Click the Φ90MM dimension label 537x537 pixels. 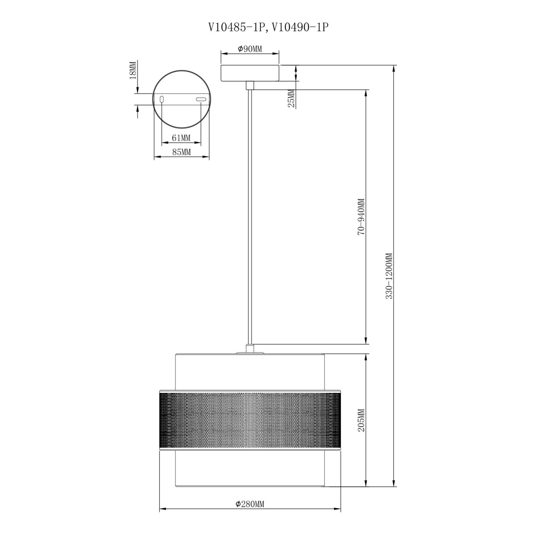click(x=250, y=49)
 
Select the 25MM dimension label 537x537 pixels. click(x=291, y=98)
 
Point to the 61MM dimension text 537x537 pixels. click(x=181, y=138)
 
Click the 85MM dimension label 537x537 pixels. click(x=181, y=152)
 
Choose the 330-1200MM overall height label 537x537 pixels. click(x=389, y=276)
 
